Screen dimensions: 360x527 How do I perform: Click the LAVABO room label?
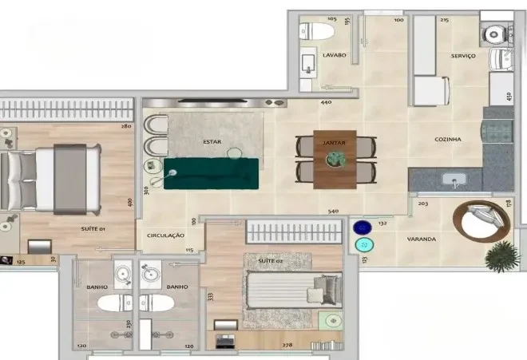tap(334, 55)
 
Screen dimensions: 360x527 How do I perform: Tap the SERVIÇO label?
tap(463, 56)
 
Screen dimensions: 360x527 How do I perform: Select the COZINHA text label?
tap(448, 139)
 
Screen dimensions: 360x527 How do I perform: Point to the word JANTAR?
tap(334, 142)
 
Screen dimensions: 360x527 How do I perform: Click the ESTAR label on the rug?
tap(212, 142)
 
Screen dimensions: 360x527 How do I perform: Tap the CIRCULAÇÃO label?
tap(165, 235)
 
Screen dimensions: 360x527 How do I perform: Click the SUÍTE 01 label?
tap(95, 228)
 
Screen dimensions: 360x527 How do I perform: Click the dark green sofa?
tap(212, 172)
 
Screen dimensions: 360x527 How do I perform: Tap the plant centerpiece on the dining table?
tap(334, 160)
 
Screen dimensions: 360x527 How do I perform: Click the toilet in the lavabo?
tap(319, 32)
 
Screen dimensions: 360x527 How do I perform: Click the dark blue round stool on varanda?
tap(363, 227)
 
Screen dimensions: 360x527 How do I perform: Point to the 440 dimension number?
tap(326, 103)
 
